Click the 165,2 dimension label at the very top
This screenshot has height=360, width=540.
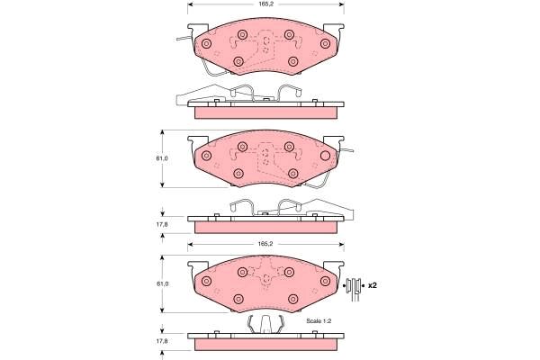[x=265, y=4]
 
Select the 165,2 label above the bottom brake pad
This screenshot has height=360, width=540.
[x=265, y=244]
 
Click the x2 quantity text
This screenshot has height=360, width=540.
[x=373, y=285]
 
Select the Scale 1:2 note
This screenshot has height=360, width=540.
[x=319, y=320]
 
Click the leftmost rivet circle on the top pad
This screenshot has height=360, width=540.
[x=206, y=44]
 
